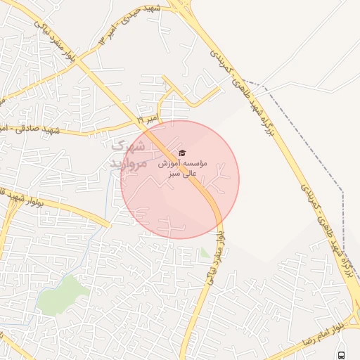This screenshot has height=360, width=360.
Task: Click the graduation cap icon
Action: pos(182,153)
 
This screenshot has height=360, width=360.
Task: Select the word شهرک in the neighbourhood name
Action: pos(129,148)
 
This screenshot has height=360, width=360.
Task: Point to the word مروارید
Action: pos(127,163)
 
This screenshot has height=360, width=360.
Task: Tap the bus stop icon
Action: pos(341,355)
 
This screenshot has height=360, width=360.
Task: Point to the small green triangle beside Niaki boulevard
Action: pos(205,252)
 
